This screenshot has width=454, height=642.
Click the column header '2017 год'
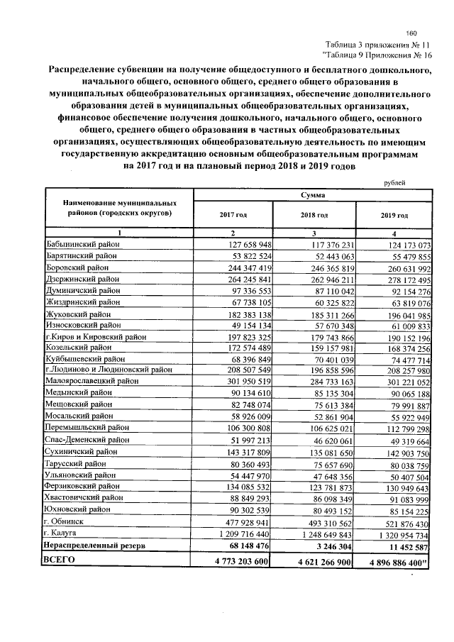(x=233, y=214)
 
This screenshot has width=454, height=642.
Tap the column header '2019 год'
(x=394, y=215)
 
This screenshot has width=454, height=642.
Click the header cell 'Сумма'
(x=313, y=193)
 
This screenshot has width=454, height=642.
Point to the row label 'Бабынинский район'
(x=83, y=245)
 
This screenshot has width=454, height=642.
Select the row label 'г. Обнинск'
(x=66, y=519)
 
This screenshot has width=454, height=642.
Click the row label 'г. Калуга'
(x=63, y=532)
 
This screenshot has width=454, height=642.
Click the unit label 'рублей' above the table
(x=394, y=183)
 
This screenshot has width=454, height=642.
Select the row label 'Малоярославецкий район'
(x=92, y=380)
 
